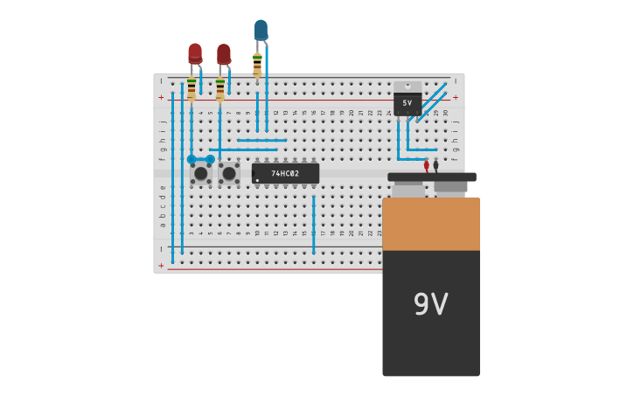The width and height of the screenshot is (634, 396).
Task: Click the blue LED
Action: click(x=261, y=30)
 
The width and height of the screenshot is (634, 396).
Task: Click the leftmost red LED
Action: click(x=195, y=53)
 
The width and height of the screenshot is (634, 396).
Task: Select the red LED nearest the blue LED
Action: click(x=224, y=54)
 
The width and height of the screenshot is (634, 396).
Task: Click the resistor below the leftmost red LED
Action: click(x=192, y=88)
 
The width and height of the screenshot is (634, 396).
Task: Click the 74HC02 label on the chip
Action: click(x=285, y=173)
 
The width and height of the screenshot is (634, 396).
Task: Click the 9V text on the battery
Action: click(x=430, y=304)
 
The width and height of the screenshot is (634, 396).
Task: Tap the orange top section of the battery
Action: click(x=430, y=224)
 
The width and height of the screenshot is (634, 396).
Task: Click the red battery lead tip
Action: click(x=427, y=165)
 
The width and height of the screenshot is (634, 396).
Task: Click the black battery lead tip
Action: click(x=435, y=164)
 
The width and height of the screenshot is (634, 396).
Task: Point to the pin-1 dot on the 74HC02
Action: click(x=257, y=180)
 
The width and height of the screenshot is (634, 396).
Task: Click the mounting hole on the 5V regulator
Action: click(x=408, y=86)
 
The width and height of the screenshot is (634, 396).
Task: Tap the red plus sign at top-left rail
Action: click(x=161, y=98)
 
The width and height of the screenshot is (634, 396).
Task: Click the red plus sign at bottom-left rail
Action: click(x=161, y=265)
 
